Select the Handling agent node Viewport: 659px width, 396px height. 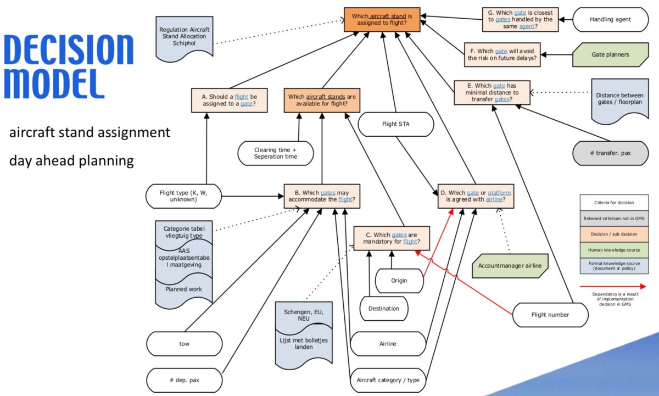pyautogui.click(x=610, y=19)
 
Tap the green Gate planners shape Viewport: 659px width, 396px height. pyautogui.click(x=610, y=54)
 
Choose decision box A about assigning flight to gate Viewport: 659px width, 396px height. pyautogui.click(x=230, y=101)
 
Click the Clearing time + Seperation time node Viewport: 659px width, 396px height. pyautogui.click(x=275, y=153)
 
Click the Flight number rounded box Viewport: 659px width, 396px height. pyautogui.click(x=550, y=315)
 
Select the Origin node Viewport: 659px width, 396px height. pyautogui.click(x=399, y=281)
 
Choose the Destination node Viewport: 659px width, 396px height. pyautogui.click(x=383, y=308)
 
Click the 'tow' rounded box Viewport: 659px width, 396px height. pyautogui.click(x=185, y=344)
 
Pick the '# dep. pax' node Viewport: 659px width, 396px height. pyautogui.click(x=185, y=380)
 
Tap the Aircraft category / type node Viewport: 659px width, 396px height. pyautogui.click(x=388, y=380)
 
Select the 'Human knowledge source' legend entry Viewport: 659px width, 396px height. pyautogui.click(x=613, y=249)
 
